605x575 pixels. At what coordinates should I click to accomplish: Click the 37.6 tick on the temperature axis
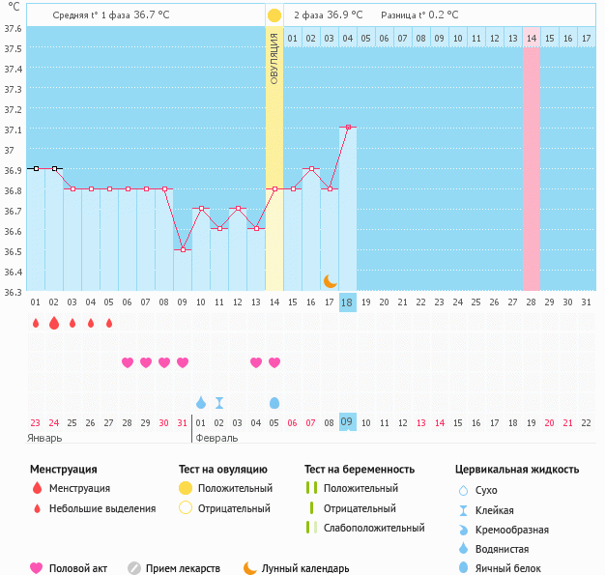tap(13, 28)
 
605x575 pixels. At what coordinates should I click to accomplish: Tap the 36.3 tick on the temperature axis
tap(13, 291)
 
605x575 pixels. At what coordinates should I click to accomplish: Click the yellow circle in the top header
tap(274, 15)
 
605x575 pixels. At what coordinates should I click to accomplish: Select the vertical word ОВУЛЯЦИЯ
tap(274, 59)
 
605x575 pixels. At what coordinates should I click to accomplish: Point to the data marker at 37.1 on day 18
tap(348, 127)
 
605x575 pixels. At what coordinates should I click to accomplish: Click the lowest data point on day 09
tap(183, 249)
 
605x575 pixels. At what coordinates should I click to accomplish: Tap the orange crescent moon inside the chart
tap(331, 280)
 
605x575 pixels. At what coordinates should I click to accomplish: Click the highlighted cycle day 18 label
tap(348, 302)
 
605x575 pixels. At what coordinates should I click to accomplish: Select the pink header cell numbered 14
tap(532, 38)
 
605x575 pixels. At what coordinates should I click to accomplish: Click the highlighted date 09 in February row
tap(348, 422)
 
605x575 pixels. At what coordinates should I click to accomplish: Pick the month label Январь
tap(44, 438)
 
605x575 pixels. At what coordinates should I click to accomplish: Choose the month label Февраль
tap(216, 438)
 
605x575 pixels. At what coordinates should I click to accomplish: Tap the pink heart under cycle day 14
tap(274, 362)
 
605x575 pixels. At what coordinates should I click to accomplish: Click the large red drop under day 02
tap(54, 323)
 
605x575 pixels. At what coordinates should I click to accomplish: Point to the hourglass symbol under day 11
tap(219, 402)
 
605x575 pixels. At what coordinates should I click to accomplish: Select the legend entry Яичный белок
tap(509, 569)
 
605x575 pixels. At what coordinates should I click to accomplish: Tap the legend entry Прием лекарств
tap(182, 569)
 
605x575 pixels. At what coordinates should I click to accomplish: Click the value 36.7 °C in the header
tap(157, 15)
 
